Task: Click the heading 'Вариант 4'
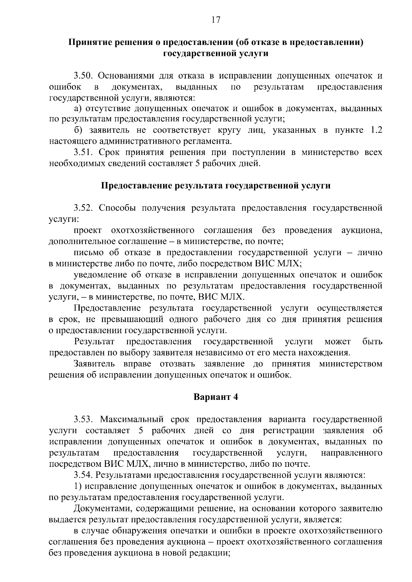[x=216, y=397]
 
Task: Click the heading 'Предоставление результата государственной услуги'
[x=216, y=186]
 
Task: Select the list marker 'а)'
[x=78, y=109]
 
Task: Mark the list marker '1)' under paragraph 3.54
[x=78, y=486]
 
